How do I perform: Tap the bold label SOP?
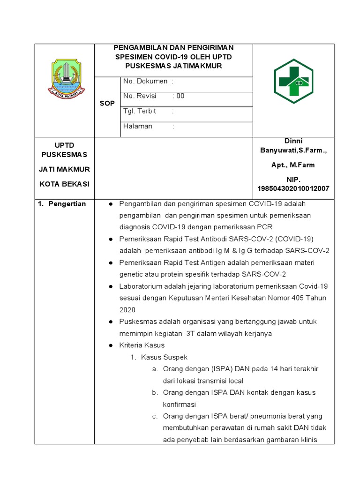pos(107,103)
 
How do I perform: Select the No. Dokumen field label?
pos(145,81)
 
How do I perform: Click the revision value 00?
pos(180,96)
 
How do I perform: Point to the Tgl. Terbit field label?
pos(140,111)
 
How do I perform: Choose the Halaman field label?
pos(137,126)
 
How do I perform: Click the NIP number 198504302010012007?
pos(293,188)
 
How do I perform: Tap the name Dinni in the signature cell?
pos(293,141)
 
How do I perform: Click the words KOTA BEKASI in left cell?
pos(64,184)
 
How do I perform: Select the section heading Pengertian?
pos(67,204)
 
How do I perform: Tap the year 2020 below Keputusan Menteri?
pos(127,309)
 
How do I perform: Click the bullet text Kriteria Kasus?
pos(142,345)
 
